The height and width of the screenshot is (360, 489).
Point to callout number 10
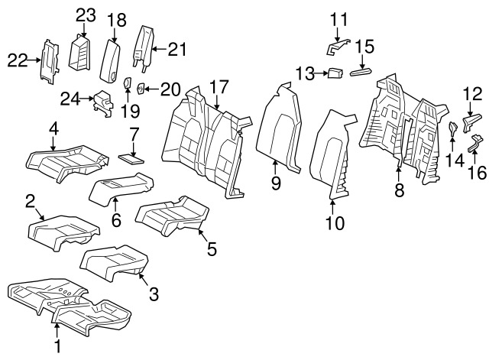pyautogui.click(x=335, y=223)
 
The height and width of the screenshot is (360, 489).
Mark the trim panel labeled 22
pyautogui.click(x=48, y=60)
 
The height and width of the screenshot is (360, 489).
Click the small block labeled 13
pyautogui.click(x=333, y=73)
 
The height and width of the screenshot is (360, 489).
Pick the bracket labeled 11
pyautogui.click(x=337, y=47)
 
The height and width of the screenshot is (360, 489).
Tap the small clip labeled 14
pyautogui.click(x=452, y=127)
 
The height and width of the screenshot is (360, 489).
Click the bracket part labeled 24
pyautogui.click(x=102, y=104)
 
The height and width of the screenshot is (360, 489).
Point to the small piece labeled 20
pyautogui.click(x=141, y=89)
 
